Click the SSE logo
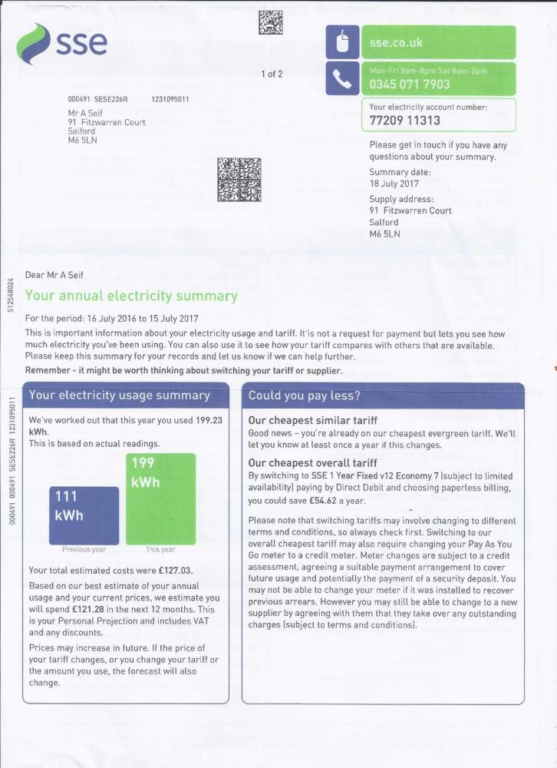click(x=62, y=43)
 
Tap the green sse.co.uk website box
click(x=438, y=43)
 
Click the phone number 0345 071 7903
click(x=410, y=84)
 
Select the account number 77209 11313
click(x=405, y=121)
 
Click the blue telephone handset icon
click(x=341, y=79)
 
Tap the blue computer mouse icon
click(x=341, y=42)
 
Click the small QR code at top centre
click(x=271, y=22)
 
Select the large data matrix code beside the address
click(x=239, y=179)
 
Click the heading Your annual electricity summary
click(x=131, y=296)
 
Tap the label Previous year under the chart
click(x=84, y=550)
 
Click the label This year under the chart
click(x=160, y=550)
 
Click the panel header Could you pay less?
click(x=304, y=396)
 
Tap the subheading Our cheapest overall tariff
click(x=313, y=463)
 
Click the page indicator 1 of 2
click(x=272, y=74)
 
